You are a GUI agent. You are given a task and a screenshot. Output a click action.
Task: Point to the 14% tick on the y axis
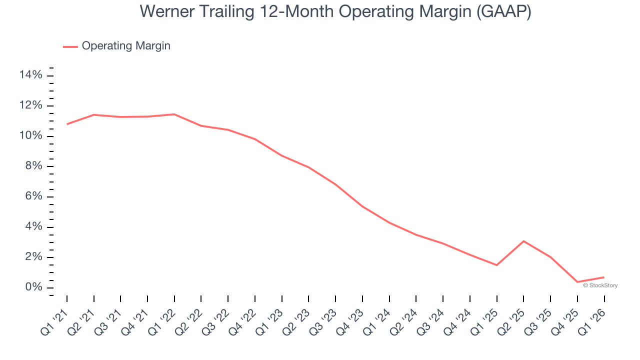(x=30, y=75)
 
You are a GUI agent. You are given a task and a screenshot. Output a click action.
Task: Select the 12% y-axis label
(x=30, y=106)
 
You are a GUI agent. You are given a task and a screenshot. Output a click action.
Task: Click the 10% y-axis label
(x=30, y=136)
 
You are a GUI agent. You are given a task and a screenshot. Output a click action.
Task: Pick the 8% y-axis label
(x=33, y=166)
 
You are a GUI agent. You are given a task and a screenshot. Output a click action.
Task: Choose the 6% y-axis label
(x=33, y=197)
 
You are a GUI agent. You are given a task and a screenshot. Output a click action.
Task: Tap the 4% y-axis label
(x=33, y=227)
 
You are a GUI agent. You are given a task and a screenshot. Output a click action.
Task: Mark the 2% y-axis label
(x=33, y=257)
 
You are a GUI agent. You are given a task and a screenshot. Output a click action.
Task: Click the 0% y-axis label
(x=33, y=288)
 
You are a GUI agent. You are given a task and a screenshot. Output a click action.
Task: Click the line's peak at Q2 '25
(x=523, y=241)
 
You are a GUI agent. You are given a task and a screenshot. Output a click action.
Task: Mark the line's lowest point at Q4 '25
(x=577, y=282)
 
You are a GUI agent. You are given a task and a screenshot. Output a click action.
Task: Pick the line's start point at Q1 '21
(x=67, y=124)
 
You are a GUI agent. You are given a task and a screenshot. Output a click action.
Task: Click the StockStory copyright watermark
(x=600, y=285)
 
